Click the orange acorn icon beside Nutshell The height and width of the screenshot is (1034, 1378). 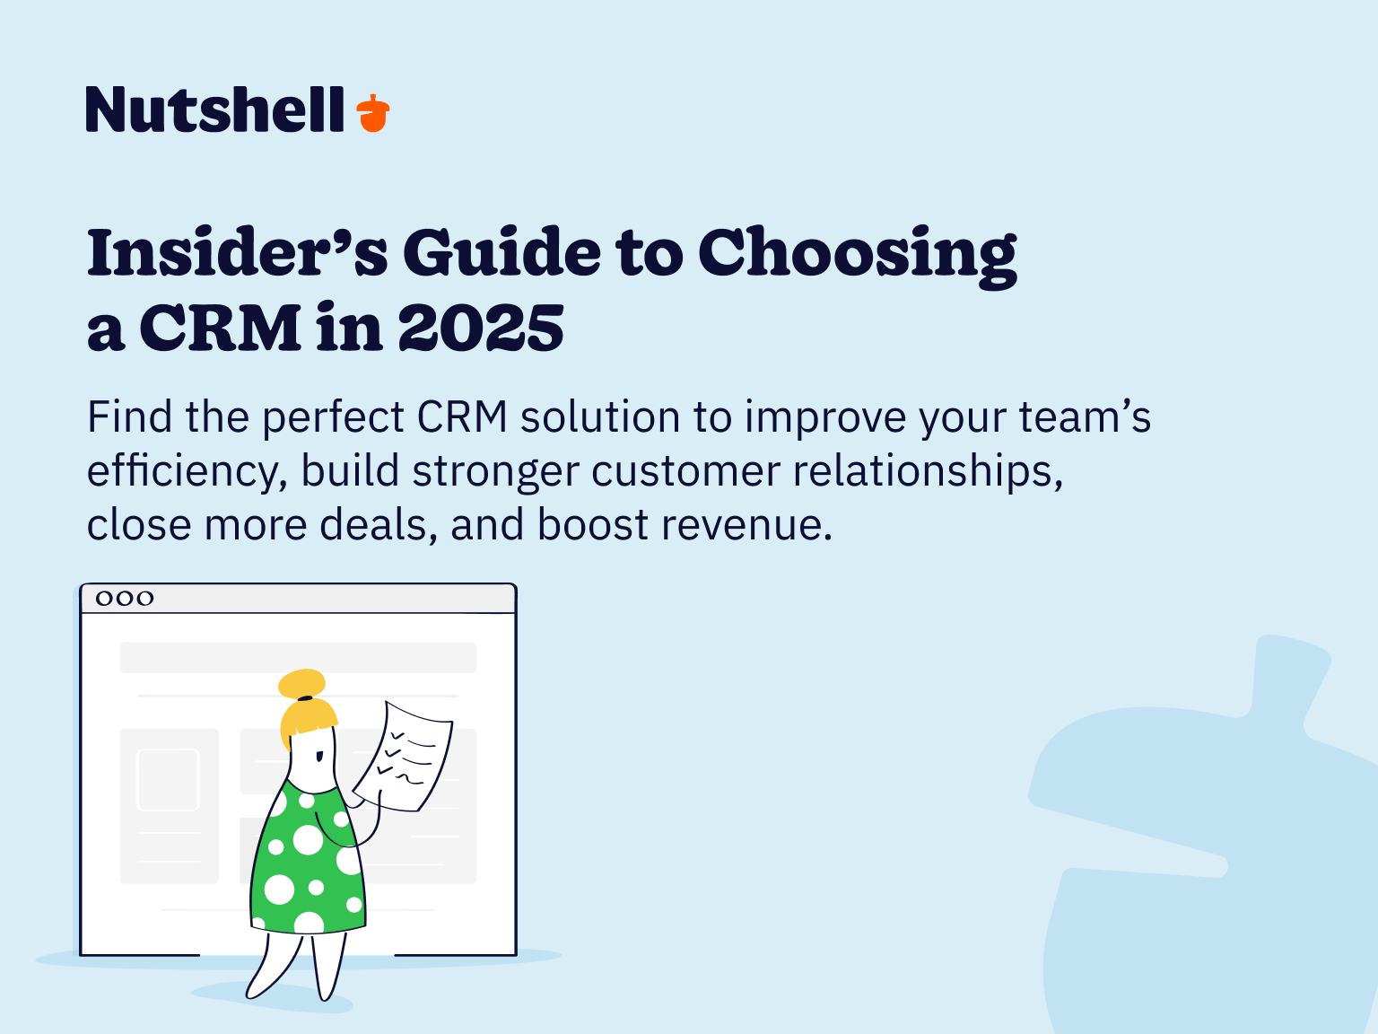point(373,113)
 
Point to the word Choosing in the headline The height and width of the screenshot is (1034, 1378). point(857,255)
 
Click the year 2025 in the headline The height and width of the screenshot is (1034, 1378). point(481,329)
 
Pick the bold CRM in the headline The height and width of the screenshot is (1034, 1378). point(221,329)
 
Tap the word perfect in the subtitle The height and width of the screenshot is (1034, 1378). point(333,417)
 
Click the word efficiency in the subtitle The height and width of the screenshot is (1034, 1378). point(187,472)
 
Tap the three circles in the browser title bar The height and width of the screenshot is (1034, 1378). point(125,598)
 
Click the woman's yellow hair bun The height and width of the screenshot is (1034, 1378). point(301,683)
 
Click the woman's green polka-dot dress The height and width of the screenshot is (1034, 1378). point(307,862)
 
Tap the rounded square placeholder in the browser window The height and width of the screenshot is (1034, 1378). point(168,779)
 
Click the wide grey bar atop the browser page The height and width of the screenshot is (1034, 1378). point(298,657)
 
